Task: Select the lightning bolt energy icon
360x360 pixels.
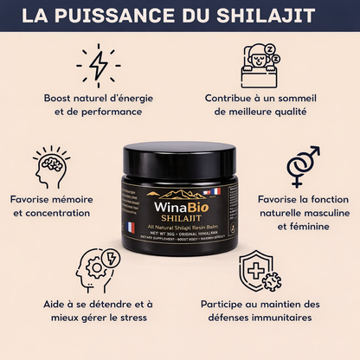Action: coord(98,66)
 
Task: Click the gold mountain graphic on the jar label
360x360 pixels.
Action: coord(179,193)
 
